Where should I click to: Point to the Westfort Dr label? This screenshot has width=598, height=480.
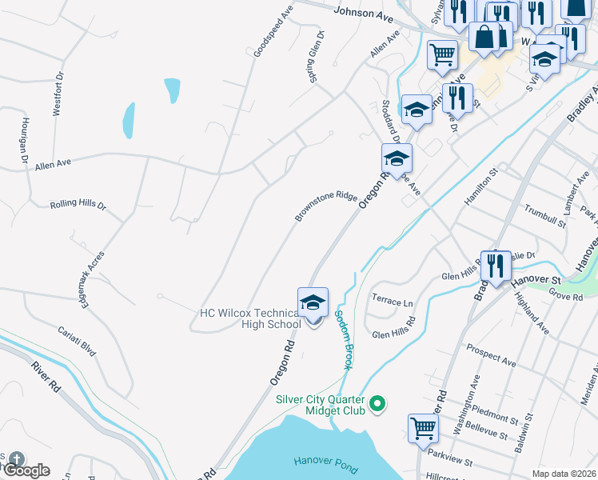[x=58, y=96]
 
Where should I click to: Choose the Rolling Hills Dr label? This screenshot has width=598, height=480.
[x=78, y=205]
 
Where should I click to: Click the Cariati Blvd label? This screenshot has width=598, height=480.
[x=77, y=341]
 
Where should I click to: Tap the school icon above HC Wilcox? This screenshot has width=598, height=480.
[x=313, y=302]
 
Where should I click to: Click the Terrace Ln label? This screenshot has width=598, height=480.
[x=393, y=303]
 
